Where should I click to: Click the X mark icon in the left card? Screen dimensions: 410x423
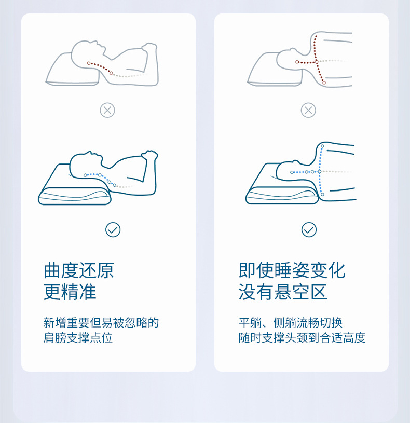107,110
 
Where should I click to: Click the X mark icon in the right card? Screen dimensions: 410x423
308,110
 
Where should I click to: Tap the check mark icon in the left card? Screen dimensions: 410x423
113,229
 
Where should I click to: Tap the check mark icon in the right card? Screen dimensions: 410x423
309,229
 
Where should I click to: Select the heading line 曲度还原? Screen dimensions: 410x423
79,270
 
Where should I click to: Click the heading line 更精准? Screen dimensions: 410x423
70,292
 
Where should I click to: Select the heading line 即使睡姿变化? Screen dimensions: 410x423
292,270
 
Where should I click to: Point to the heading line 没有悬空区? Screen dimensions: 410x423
283,292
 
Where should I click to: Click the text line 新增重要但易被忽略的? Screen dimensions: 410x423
101,323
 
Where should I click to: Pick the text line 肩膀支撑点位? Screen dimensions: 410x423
78,338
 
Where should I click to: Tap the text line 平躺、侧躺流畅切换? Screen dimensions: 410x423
291,323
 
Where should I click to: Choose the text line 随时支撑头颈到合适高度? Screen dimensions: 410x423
302,338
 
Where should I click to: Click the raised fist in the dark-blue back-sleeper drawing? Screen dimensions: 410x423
149,156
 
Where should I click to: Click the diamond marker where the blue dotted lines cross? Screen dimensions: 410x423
319,172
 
